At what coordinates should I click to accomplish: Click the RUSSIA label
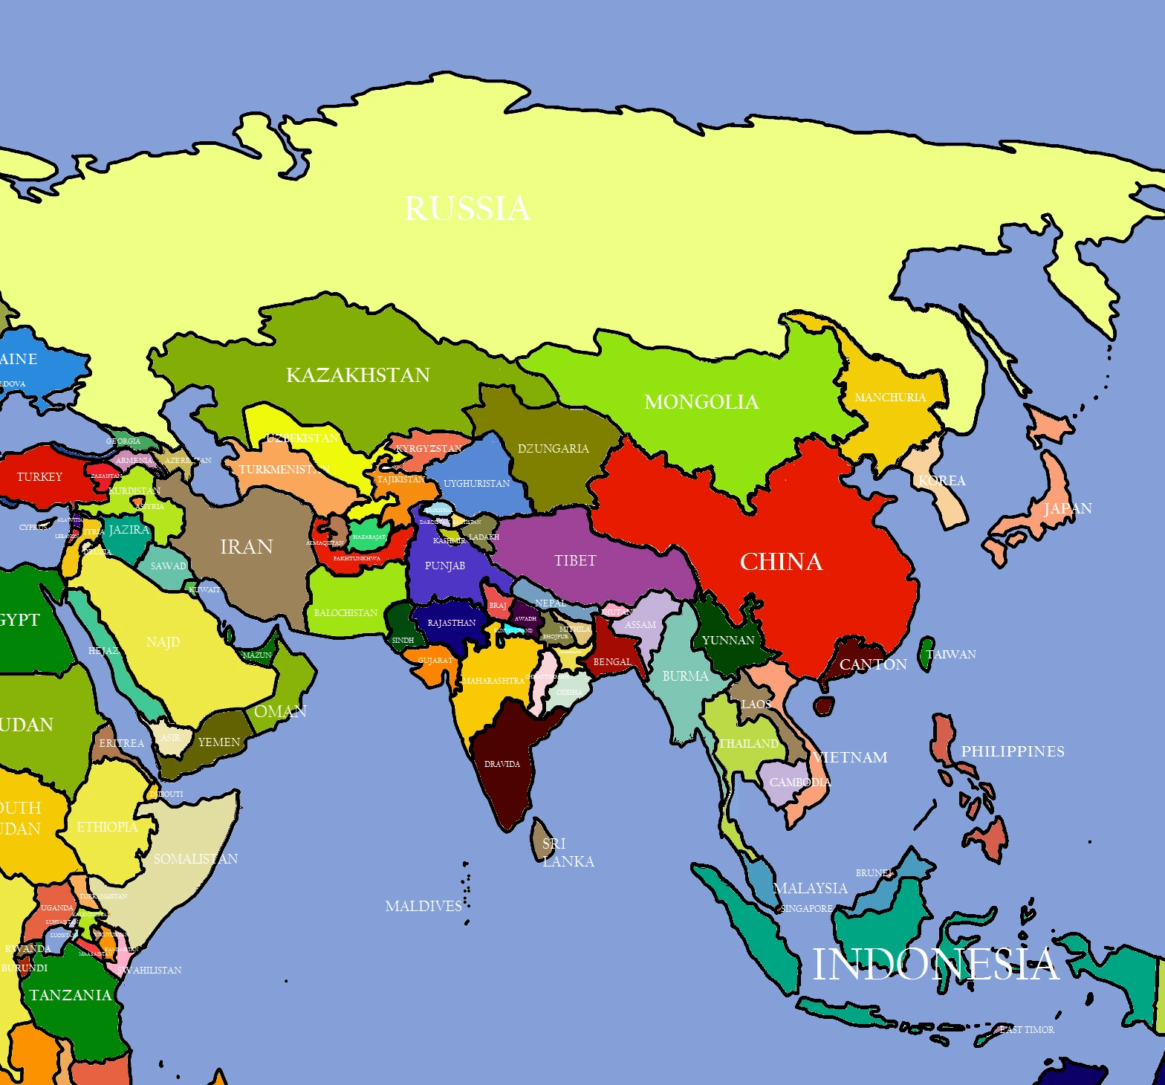pos(467,209)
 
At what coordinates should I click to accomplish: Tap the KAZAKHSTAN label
pos(358,375)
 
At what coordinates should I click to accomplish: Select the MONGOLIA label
pos(701,403)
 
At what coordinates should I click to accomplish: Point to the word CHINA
pos(781,562)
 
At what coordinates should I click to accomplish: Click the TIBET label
pos(575,561)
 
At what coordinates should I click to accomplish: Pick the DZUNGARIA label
pos(553,449)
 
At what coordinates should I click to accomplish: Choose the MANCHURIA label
pos(890,398)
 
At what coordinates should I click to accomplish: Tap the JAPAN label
pos(1068,509)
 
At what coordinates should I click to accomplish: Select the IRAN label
pos(247,548)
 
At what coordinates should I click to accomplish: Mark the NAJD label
pos(163,642)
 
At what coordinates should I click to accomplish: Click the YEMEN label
pos(219,742)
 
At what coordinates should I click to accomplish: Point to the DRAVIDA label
pos(502,764)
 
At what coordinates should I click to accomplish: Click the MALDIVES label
pos(424,907)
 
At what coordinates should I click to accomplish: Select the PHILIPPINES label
pos(1013,751)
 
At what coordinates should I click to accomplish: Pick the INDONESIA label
pos(935,965)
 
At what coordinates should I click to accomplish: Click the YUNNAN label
pos(728,641)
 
